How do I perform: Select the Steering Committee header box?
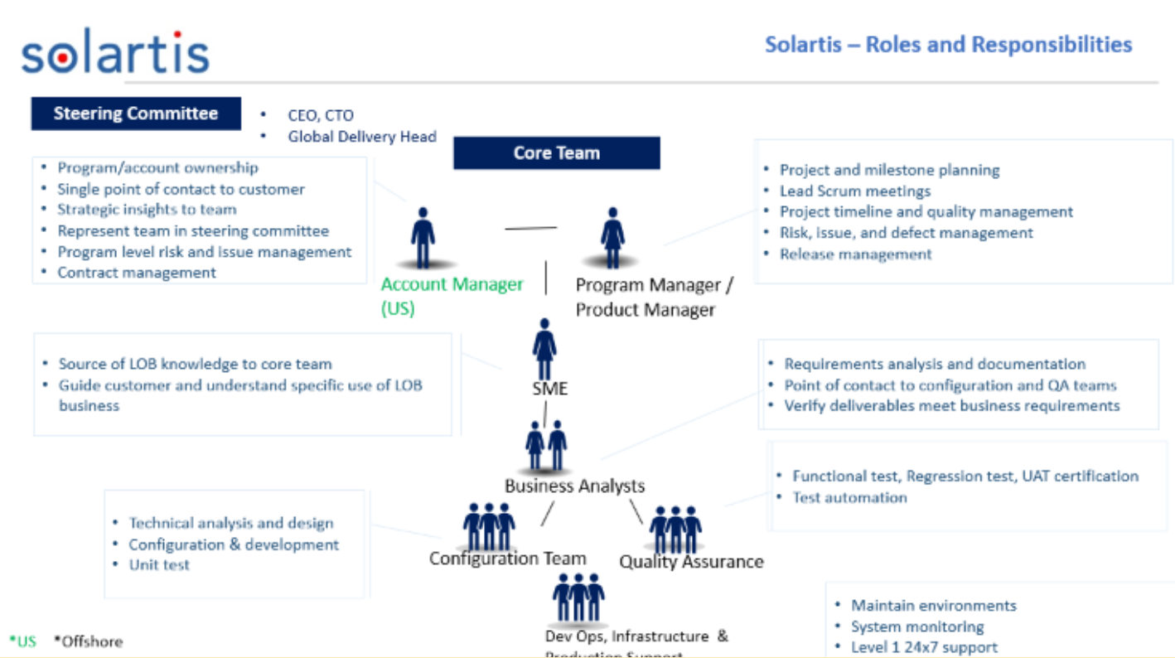coord(136,114)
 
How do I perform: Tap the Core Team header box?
coord(556,153)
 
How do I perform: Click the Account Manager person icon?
coord(423,239)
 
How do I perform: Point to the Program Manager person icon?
coord(612,239)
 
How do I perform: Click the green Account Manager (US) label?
coord(452,296)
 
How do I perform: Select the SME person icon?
coord(544,350)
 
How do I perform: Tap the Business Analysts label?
coord(574,486)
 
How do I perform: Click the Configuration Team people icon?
coord(489,526)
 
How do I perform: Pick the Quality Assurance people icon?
coord(675,530)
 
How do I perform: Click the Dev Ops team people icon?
coord(578,597)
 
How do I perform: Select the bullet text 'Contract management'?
coord(136,273)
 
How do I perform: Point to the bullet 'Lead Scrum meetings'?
coord(854,191)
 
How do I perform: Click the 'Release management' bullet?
coord(855,254)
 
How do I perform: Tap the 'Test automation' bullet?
coord(849,497)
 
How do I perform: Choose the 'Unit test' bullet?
coord(159,564)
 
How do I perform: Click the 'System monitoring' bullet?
coord(917,627)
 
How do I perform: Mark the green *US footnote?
coord(23,641)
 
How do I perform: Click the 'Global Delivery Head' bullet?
coord(361,137)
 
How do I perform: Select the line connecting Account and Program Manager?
coord(531,228)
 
